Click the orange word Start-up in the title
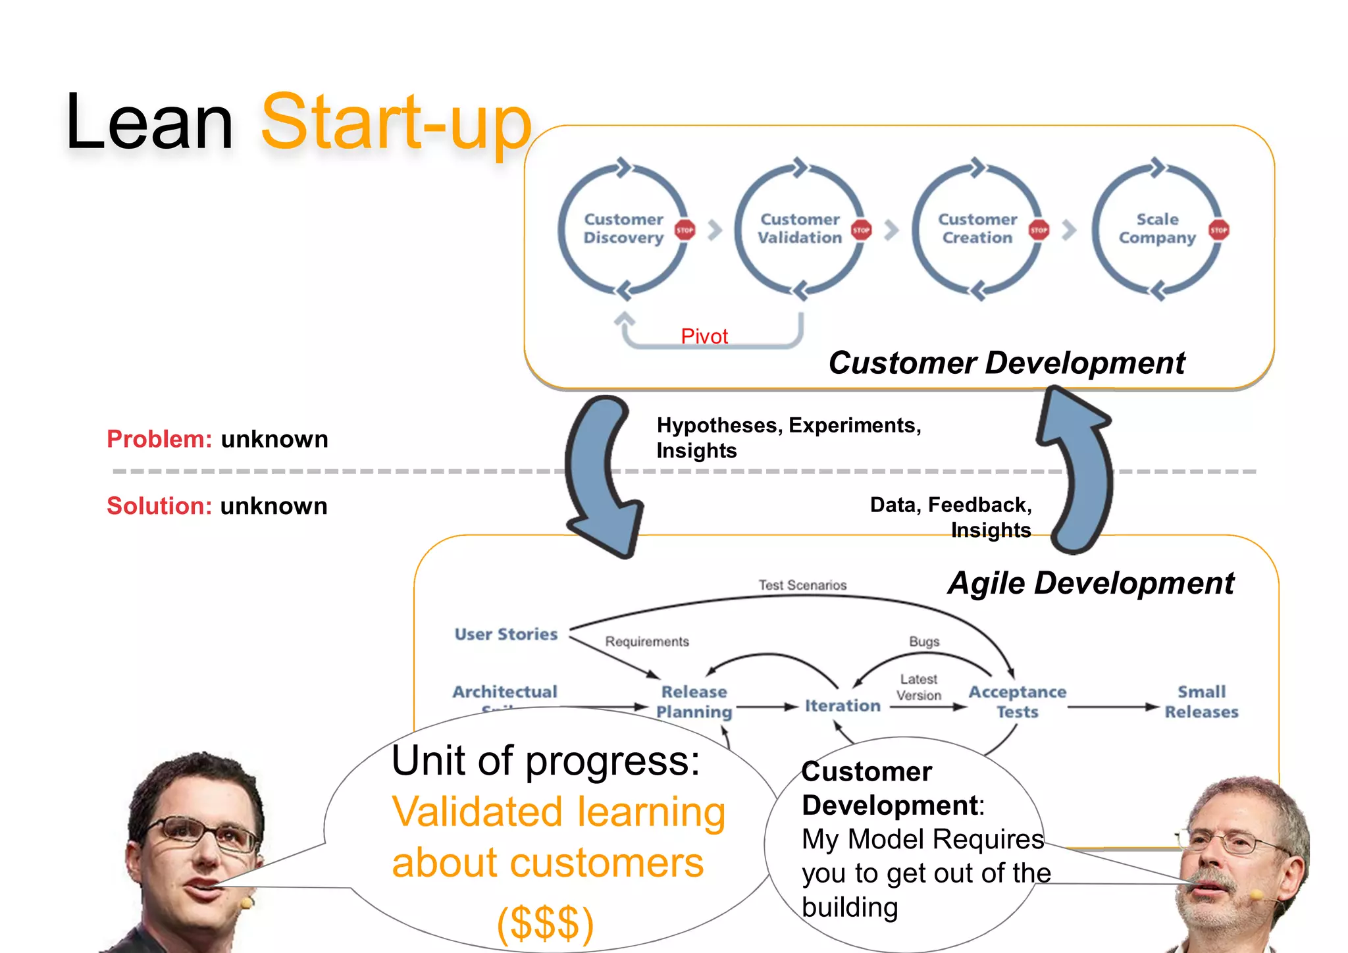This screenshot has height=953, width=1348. point(396,122)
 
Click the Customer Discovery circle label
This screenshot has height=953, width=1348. point(623,228)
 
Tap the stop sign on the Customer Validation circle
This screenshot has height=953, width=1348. point(861,230)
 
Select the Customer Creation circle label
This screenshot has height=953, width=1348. point(977,228)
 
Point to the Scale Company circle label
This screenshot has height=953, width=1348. point(1157,228)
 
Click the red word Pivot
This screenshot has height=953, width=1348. point(704,336)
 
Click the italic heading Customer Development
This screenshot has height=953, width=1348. point(1006,363)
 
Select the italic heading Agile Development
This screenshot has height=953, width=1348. point(1091,583)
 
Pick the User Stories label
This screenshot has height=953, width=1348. point(505,634)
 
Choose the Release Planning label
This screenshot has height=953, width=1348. point(694,702)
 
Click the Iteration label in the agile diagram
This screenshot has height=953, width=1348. point(842,706)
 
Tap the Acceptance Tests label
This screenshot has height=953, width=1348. point(1017,702)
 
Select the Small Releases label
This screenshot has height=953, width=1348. point(1201,702)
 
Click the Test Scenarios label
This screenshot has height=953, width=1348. point(802,585)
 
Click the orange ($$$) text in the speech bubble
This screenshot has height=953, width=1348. point(545,923)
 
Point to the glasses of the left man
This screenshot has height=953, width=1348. point(204,832)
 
